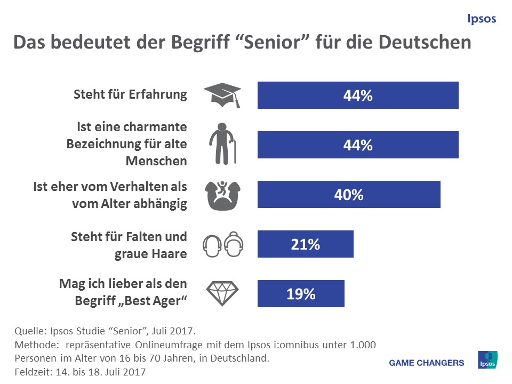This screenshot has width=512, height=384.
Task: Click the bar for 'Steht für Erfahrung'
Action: pyautogui.click(x=358, y=95)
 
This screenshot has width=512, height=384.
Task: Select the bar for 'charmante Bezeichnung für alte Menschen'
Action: pyautogui.click(x=358, y=145)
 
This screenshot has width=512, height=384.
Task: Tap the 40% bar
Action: pyautogui.click(x=349, y=194)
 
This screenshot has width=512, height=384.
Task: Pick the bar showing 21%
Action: pyautogui.click(x=305, y=244)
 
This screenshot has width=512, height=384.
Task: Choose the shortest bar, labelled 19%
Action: pyautogui.click(x=301, y=293)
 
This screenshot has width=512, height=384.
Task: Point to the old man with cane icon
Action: pyautogui.click(x=222, y=144)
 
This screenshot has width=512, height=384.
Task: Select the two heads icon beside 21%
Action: pyautogui.click(x=222, y=244)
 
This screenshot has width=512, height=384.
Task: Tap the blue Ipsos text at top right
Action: pyautogui.click(x=481, y=19)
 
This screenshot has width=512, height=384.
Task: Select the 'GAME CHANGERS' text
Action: pyautogui.click(x=427, y=363)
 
